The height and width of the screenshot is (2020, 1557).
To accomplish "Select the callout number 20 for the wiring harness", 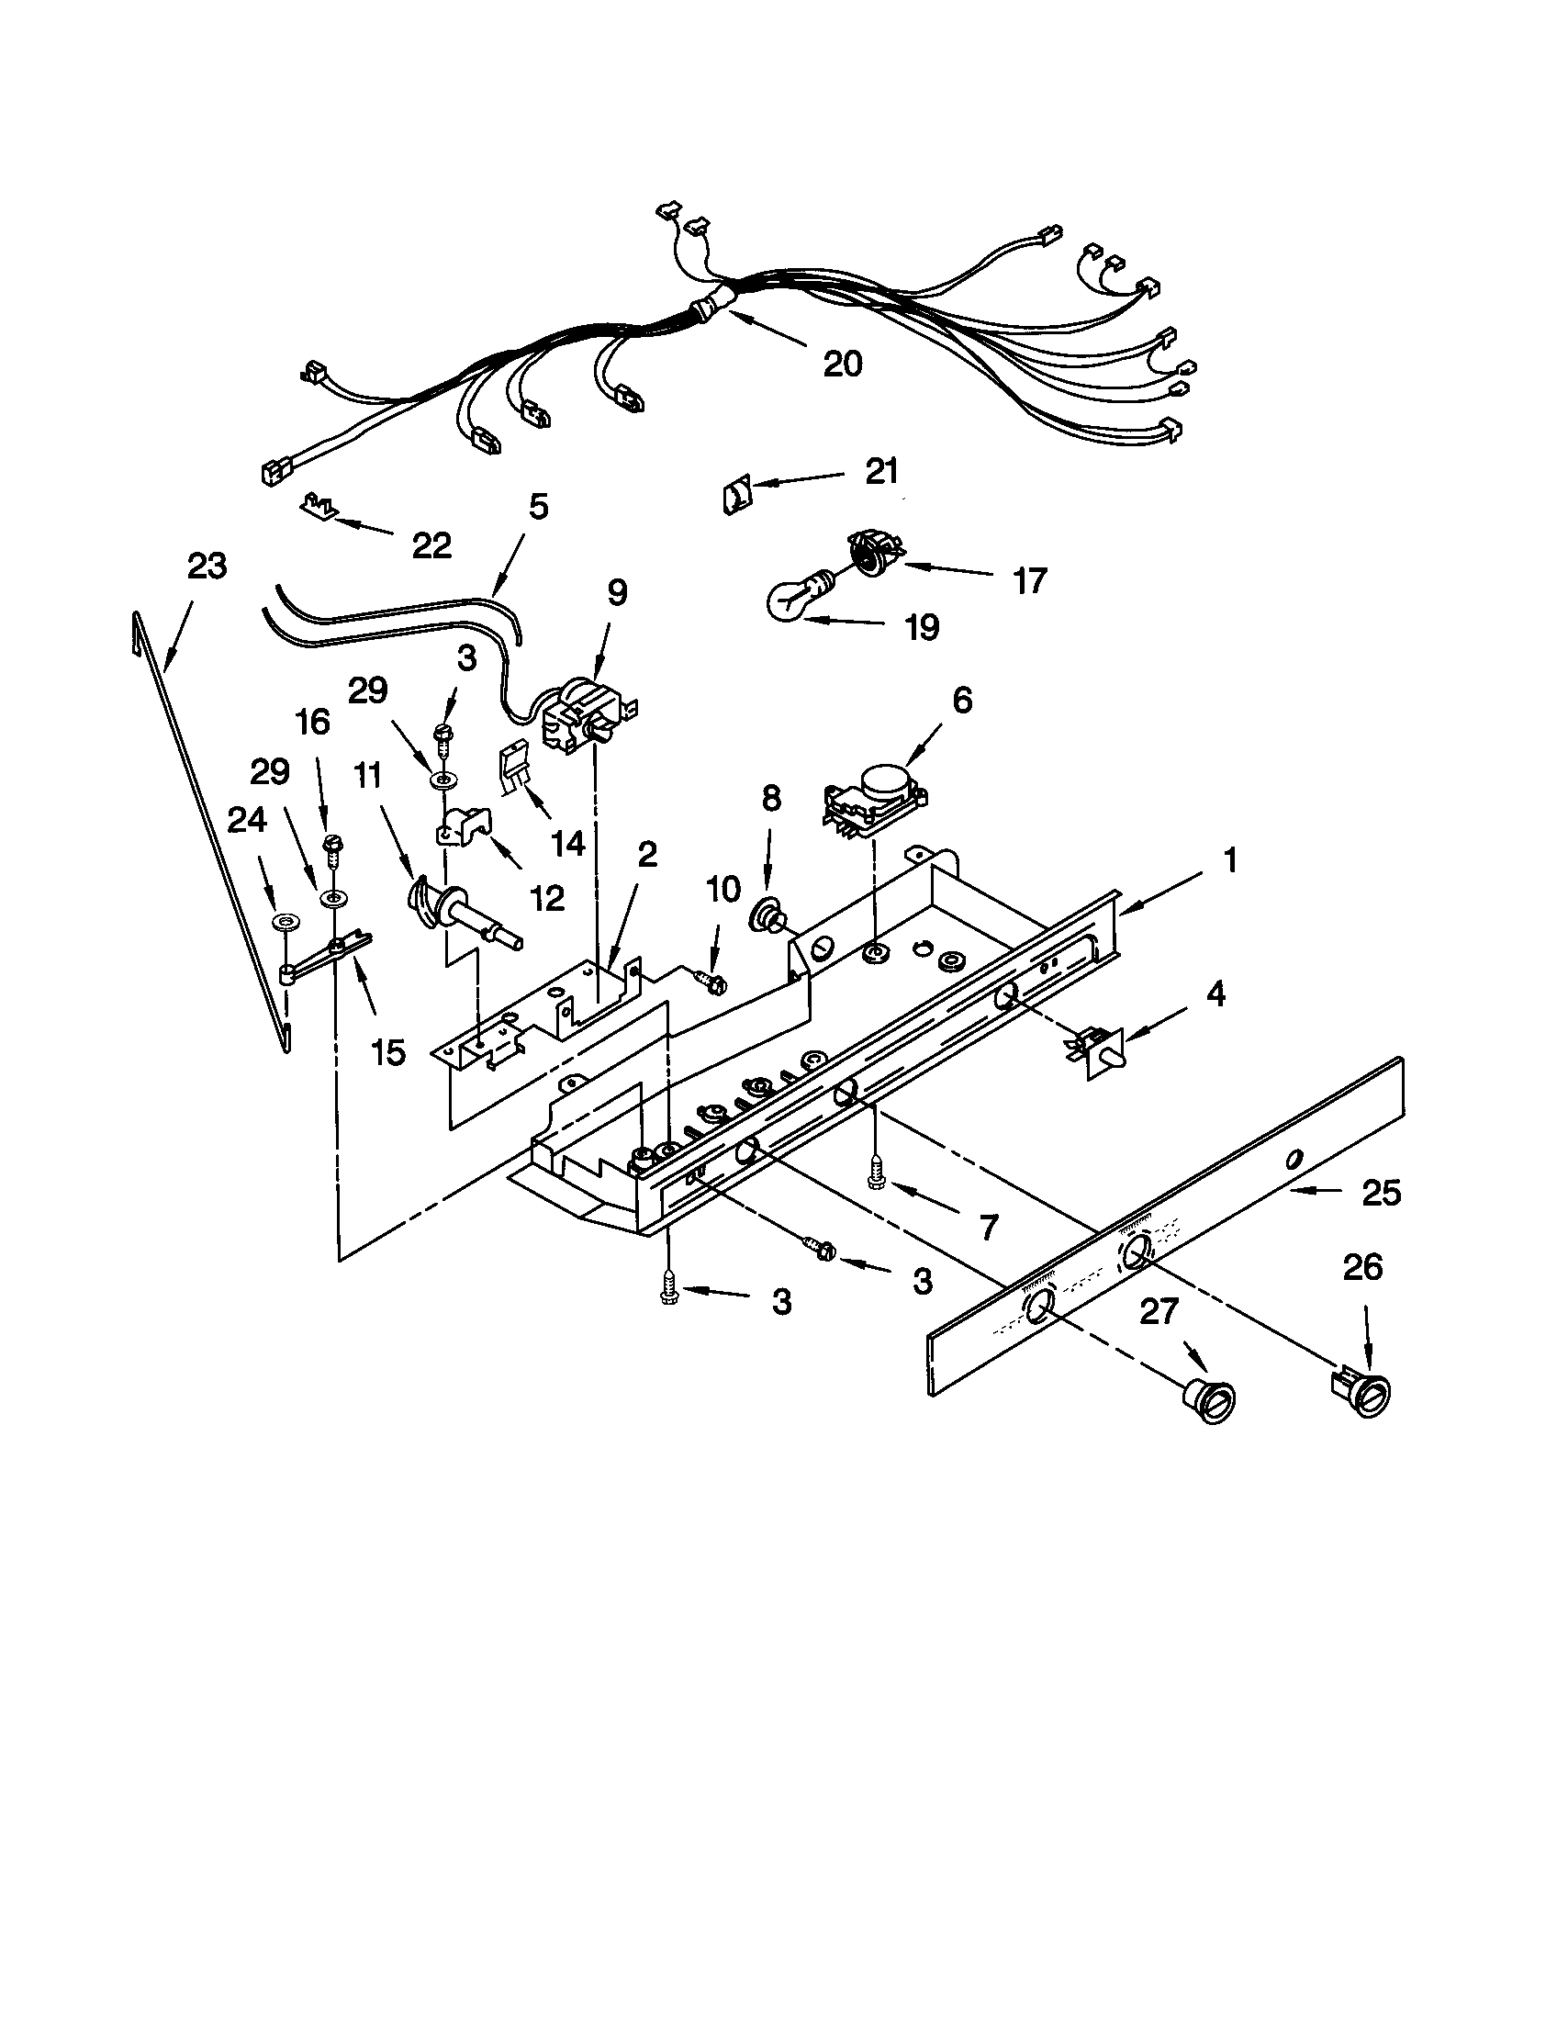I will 841,364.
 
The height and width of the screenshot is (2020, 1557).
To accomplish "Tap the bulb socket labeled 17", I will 874,551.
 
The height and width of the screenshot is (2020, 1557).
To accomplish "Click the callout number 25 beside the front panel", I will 1382,1192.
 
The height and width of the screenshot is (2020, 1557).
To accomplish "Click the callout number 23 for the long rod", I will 207,565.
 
